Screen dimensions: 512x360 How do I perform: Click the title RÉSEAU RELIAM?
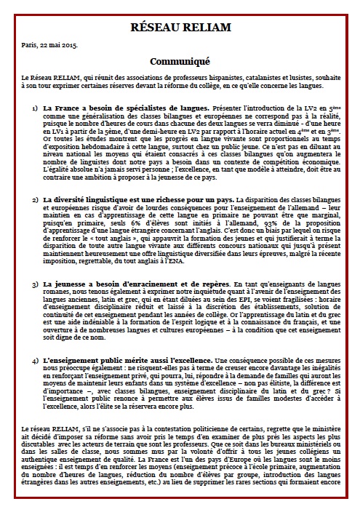click(179, 28)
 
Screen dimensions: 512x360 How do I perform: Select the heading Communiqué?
click(179, 62)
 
